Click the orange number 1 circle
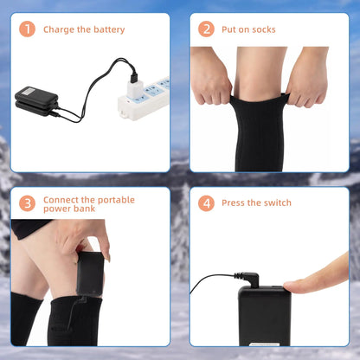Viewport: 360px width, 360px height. coord(28,29)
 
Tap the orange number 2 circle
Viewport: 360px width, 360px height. coord(206,29)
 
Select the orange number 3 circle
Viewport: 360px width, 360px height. coord(28,203)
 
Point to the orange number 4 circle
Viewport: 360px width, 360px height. coord(206,203)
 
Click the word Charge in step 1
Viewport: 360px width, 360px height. coord(59,29)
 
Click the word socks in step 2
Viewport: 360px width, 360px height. coord(263,29)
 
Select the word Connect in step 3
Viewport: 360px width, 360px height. coord(62,199)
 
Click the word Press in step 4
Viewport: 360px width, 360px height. coord(235,203)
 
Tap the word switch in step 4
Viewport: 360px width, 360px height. coord(275,203)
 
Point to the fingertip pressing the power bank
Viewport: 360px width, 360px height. coord(299,286)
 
